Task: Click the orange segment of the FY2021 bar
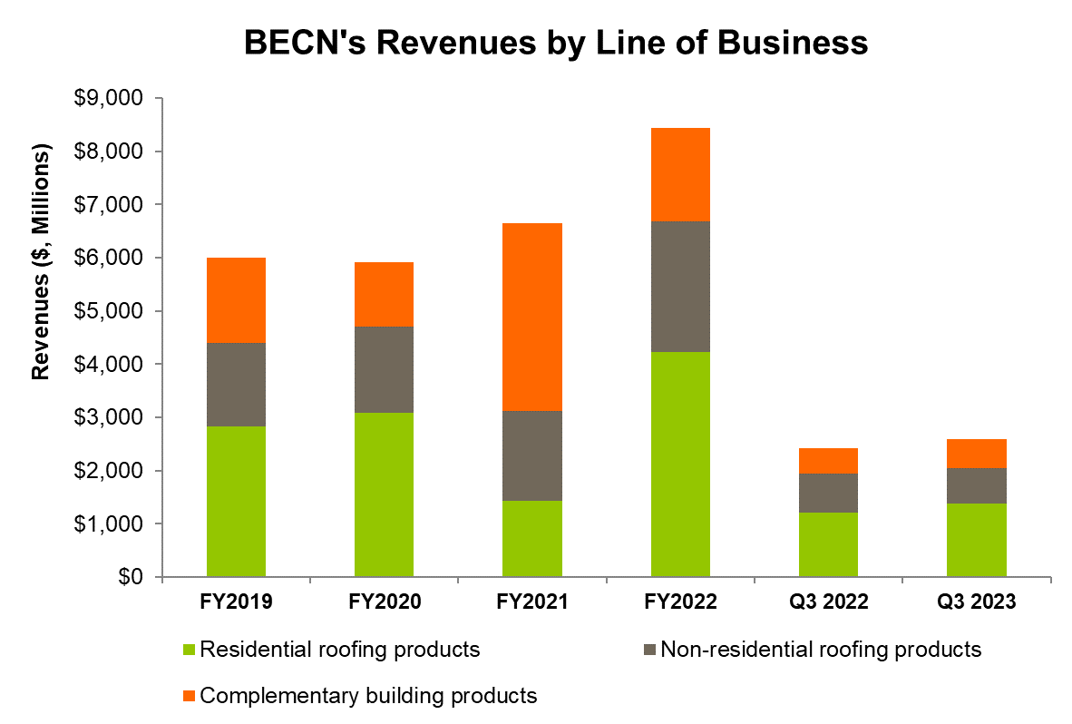coord(532,317)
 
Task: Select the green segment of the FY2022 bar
coord(680,464)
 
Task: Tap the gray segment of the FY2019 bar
coord(236,384)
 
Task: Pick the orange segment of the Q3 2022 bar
coord(828,460)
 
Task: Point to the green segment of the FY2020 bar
coord(384,494)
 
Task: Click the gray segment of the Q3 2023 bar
coord(976,485)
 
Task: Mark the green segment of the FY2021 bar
coord(532,538)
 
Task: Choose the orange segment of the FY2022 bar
coord(680,174)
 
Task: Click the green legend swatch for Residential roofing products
coord(189,650)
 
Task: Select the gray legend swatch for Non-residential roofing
coord(649,650)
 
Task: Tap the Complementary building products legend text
coord(368,696)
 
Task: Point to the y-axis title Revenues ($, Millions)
coord(40,262)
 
